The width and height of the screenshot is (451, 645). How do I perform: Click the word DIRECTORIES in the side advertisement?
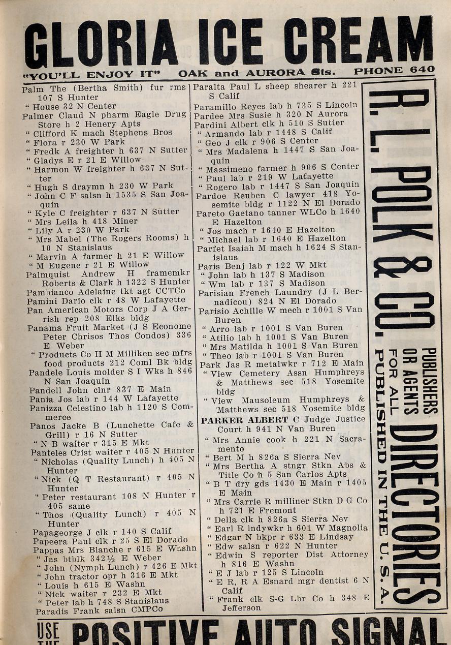click(413, 513)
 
